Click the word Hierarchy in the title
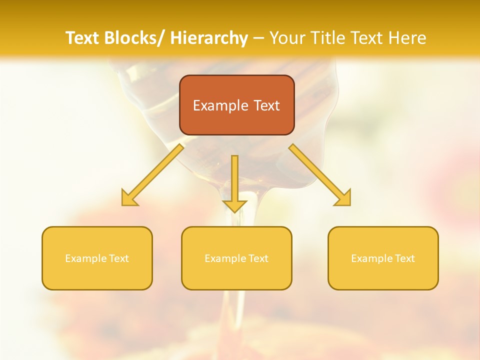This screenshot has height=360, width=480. [x=209, y=38]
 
